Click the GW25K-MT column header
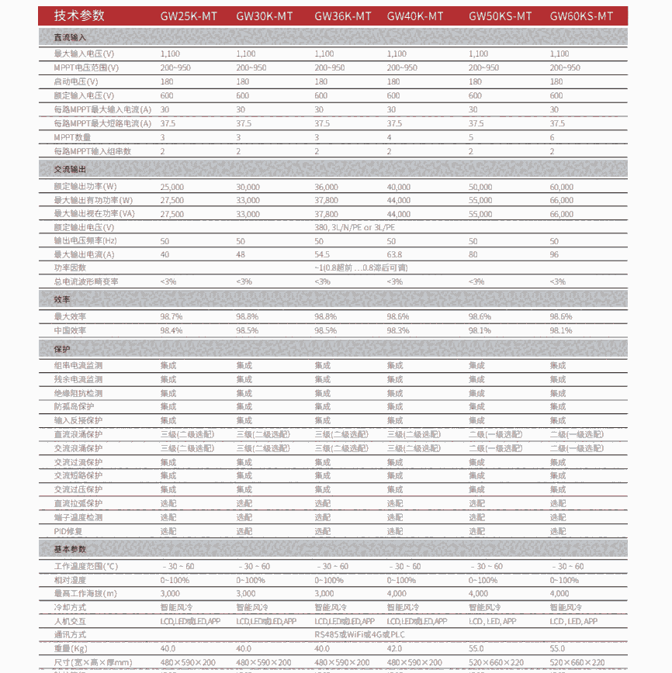[189, 16]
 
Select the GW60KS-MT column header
[581, 16]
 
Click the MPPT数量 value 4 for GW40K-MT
[389, 137]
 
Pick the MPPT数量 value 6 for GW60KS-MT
[552, 137]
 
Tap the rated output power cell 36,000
[326, 187]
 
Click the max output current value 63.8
[395, 254]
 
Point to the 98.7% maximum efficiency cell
[171, 316]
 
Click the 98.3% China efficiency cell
[398, 330]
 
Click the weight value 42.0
[395, 649]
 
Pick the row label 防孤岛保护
[74, 406]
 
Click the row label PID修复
[68, 531]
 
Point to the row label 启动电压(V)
[75, 81]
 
